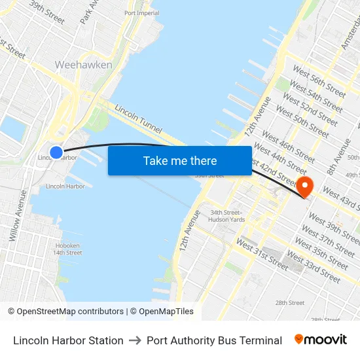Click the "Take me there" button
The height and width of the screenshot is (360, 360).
coord(179,160)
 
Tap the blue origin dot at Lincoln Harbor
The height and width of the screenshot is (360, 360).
coord(56,153)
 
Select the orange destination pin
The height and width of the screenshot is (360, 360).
coord(305,186)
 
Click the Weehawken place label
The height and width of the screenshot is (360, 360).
coord(83,65)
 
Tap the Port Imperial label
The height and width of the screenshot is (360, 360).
coord(141,13)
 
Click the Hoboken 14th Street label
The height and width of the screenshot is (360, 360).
coord(67,249)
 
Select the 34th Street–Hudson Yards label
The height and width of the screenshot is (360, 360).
coord(227,215)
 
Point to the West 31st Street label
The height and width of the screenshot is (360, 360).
coord(262,255)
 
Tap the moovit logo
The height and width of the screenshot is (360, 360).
coord(321,340)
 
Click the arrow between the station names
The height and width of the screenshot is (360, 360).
coord(135,340)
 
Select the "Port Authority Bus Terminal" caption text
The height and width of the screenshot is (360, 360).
coord(214,340)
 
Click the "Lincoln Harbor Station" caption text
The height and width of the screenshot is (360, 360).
coord(68,340)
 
